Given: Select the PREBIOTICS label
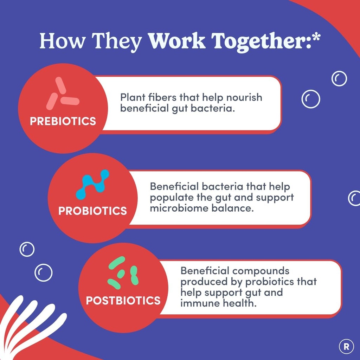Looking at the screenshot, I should (x=63, y=121).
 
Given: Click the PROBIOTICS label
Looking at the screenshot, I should (x=92, y=211).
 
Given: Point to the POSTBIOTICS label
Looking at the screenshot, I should (x=123, y=301).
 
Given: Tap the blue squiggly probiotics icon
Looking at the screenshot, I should (x=92, y=184).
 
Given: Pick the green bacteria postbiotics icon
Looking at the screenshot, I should (x=123, y=272).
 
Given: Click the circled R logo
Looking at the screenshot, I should (x=346, y=347).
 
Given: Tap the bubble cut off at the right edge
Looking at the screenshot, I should (x=354, y=198).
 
